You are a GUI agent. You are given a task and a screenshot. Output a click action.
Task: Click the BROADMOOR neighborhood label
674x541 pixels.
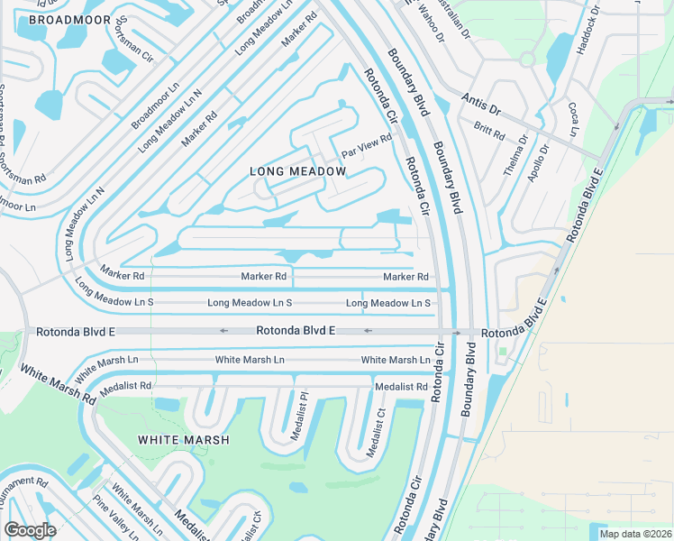(x=69, y=19)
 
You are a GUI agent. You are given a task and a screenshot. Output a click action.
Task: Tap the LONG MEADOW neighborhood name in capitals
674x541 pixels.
(x=297, y=171)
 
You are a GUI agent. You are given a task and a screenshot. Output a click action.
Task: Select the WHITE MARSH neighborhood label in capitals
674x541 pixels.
(x=183, y=440)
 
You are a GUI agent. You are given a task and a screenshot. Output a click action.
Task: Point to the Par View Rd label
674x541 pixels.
(x=367, y=144)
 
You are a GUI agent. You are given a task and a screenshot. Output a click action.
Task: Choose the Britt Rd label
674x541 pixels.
(x=489, y=131)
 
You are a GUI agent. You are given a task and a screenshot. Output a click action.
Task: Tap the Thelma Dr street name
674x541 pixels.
(x=517, y=156)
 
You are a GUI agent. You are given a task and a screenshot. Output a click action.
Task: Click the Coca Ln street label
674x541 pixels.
(x=573, y=120)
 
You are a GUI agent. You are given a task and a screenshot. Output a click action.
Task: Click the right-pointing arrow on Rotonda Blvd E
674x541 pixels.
(x=458, y=332)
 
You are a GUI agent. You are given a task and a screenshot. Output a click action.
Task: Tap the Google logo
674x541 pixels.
(x=29, y=530)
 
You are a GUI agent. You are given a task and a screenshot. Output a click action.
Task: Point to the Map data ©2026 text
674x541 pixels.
(x=634, y=534)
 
